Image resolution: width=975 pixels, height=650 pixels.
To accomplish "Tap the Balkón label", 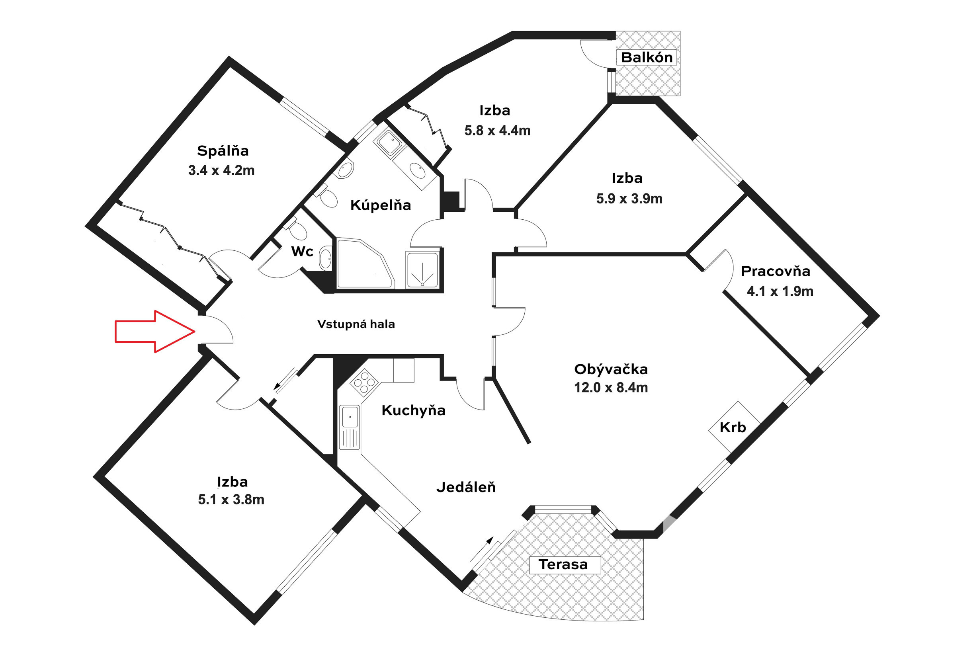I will click(x=646, y=57).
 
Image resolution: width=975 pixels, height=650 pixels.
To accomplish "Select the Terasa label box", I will click(x=565, y=564).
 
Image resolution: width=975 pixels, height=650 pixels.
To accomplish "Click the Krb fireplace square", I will click(x=734, y=427).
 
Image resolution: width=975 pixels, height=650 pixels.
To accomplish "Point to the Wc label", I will click(x=302, y=251).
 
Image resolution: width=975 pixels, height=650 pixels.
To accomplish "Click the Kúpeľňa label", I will click(x=380, y=205).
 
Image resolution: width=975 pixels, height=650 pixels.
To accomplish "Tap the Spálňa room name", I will click(x=223, y=151).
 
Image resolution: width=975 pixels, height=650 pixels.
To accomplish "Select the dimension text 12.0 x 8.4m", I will click(x=611, y=388).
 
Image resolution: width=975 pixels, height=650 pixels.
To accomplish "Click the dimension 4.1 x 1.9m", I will click(x=780, y=291).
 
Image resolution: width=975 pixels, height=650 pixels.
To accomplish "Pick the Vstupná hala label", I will click(x=356, y=324).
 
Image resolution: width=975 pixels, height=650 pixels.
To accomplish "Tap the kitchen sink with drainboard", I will click(x=350, y=427).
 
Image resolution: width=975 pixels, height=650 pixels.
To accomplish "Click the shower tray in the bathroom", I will click(x=422, y=270).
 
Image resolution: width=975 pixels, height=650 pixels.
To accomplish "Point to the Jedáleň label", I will click(x=466, y=488).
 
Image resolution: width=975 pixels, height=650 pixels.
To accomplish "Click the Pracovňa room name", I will click(x=775, y=271).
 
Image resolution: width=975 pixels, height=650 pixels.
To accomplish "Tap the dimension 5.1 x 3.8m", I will click(x=231, y=500).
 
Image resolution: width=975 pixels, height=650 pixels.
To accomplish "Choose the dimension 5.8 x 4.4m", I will click(x=497, y=131).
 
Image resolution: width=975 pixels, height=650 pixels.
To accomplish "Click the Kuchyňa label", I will click(x=413, y=410).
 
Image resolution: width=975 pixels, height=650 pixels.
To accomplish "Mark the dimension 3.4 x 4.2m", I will click(x=221, y=170).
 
